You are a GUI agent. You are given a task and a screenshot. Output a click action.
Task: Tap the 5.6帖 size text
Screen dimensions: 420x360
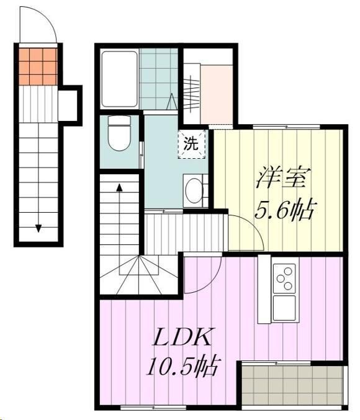pos(284,211)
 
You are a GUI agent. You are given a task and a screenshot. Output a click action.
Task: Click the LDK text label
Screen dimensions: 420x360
pos(184,338)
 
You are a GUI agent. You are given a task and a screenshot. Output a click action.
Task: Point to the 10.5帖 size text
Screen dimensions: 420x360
pos(182,367)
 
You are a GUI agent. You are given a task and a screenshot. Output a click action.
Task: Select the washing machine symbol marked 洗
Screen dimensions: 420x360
pos(191,145)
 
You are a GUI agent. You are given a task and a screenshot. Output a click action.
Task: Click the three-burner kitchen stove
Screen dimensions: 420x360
pos(285,278)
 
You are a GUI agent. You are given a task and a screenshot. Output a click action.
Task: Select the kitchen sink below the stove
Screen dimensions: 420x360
pos(285,305)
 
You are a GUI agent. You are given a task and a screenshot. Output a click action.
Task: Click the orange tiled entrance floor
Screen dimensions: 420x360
pos(37,65)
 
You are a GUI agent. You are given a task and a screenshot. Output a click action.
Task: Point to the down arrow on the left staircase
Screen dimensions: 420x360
pos(38,226)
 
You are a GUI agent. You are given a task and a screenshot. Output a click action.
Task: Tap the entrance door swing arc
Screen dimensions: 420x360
pos(37,28)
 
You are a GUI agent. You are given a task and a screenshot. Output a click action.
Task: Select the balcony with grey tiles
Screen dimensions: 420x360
pos(291,384)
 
